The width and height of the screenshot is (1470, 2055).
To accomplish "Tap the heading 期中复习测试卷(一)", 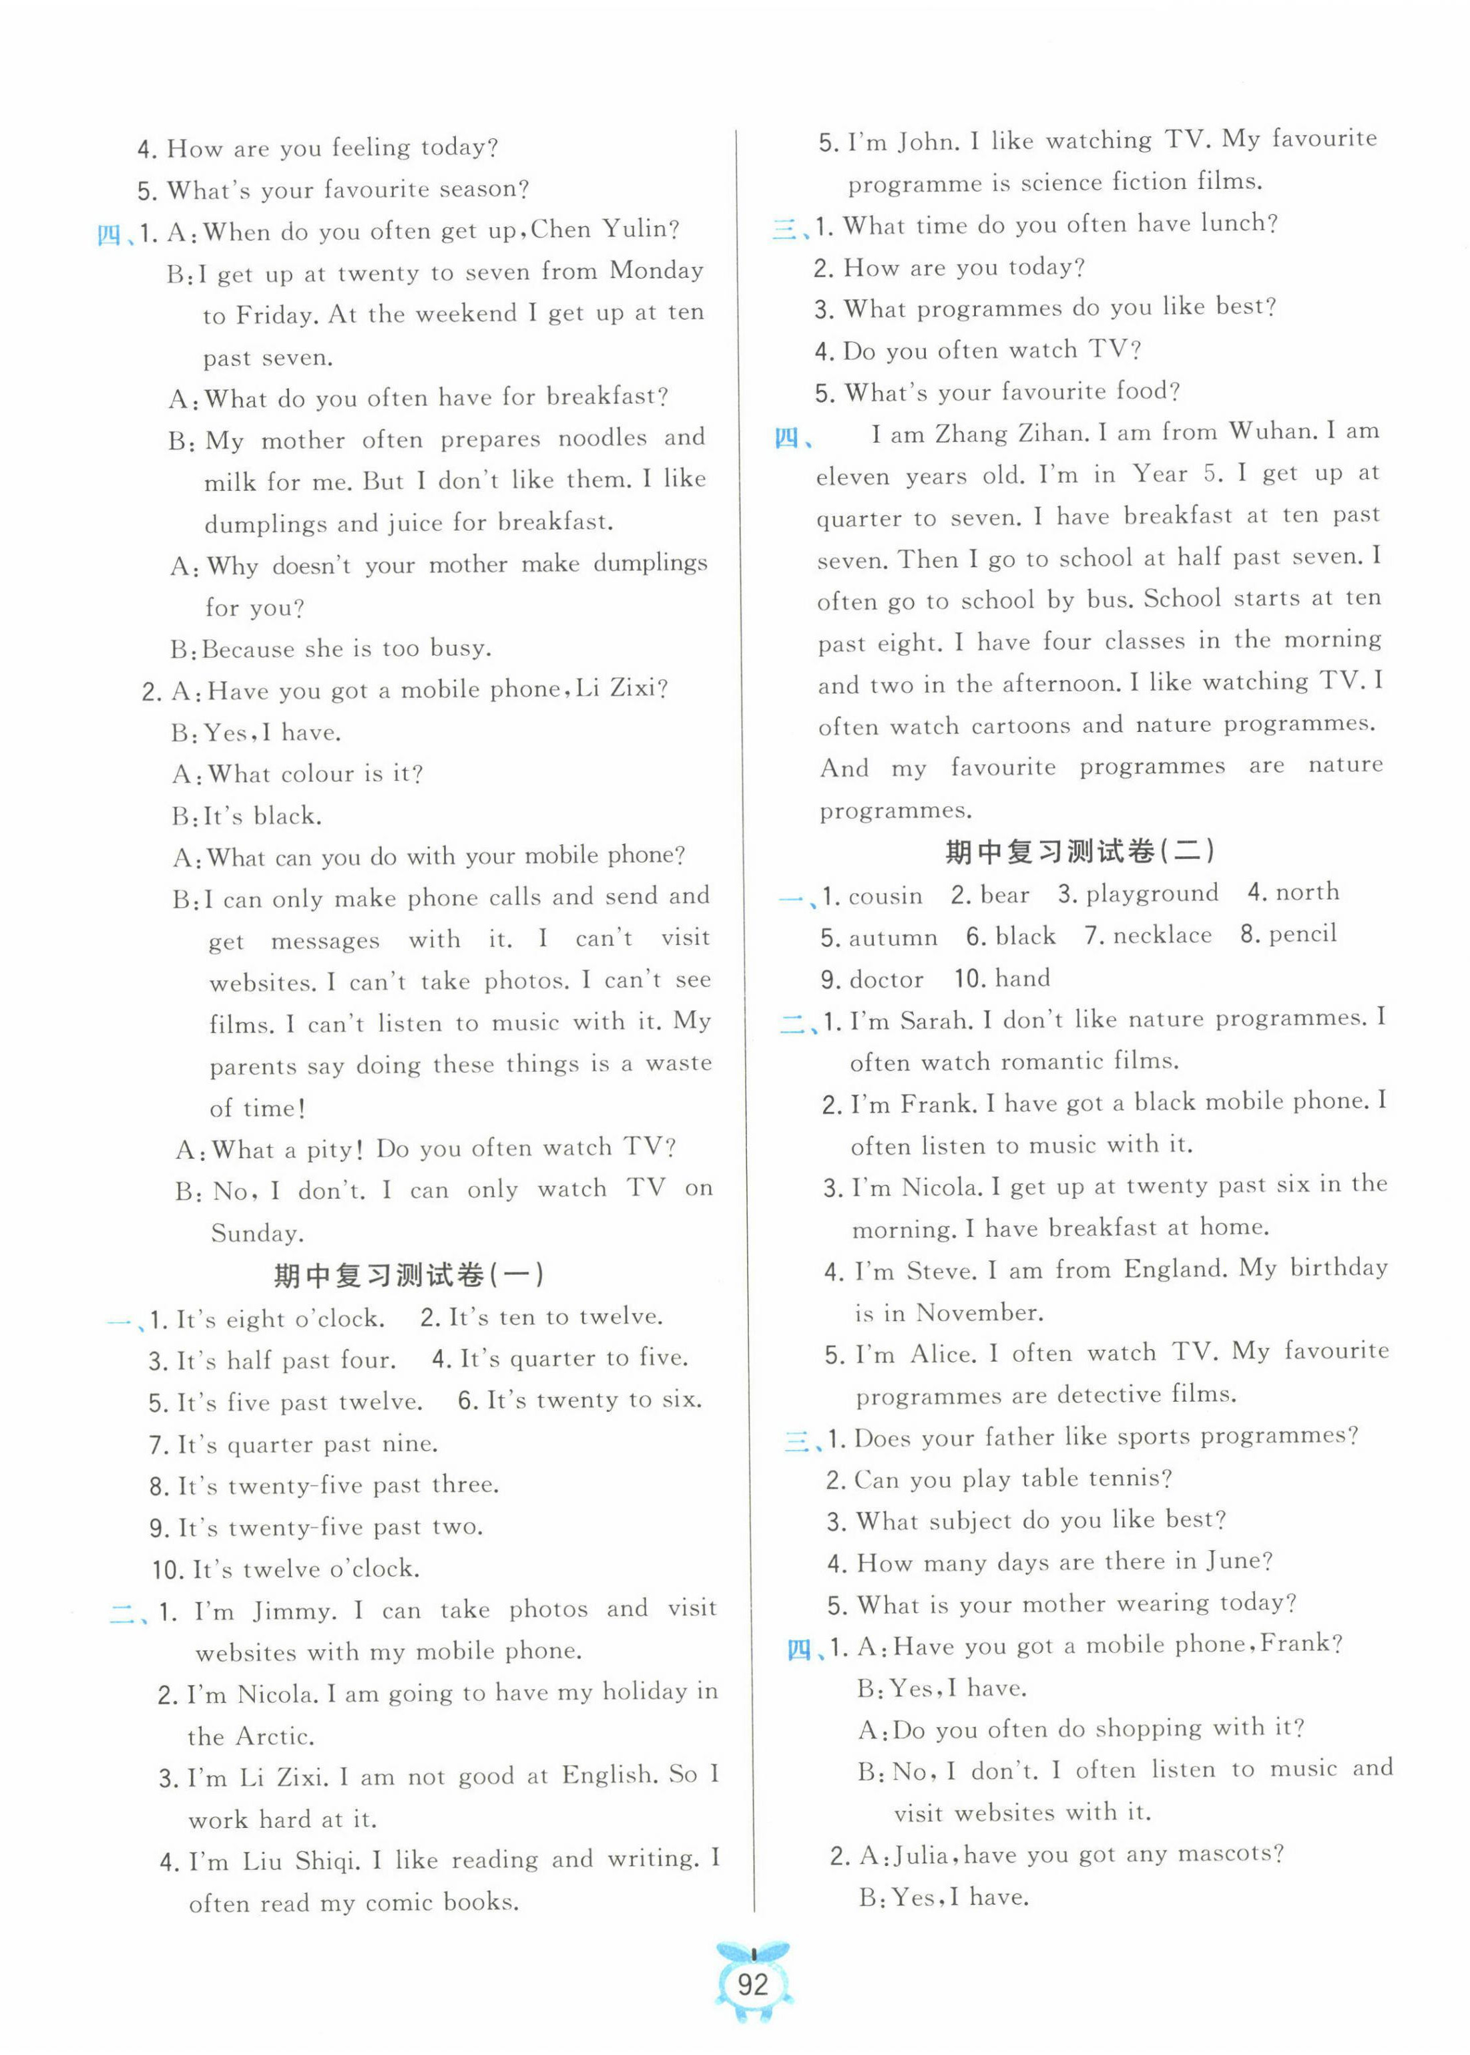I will tap(409, 1276).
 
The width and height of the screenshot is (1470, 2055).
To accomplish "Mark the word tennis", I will tap(1129, 1479).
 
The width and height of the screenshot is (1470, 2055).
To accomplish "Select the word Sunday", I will tap(256, 1233).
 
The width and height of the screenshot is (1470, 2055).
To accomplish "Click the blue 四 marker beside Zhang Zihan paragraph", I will tap(788, 439).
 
